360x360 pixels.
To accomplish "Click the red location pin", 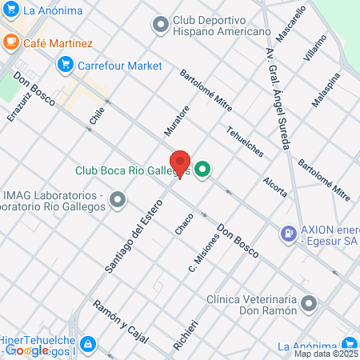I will coord(179,162).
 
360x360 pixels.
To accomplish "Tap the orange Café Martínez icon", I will coord(11,42).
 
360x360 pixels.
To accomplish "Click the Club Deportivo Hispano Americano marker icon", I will coord(162,25).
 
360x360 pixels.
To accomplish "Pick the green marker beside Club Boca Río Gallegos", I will coord(202,169).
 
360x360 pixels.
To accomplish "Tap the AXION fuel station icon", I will coord(287,234).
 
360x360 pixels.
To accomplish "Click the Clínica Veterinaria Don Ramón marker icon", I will coord(310,304).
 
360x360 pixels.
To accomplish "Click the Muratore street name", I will coord(176,120).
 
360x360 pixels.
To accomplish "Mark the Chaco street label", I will coord(179,223).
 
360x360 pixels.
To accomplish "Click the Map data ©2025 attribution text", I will coord(326,353).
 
